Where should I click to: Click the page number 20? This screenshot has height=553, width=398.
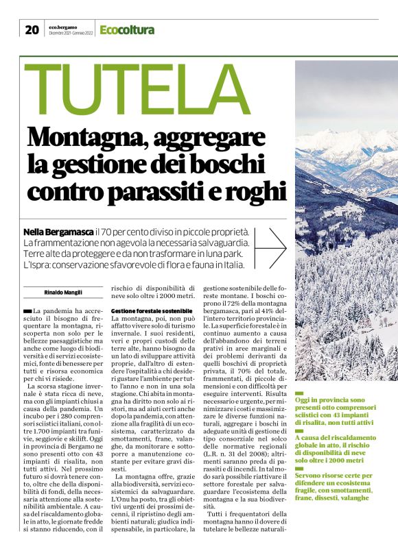[x=32, y=29]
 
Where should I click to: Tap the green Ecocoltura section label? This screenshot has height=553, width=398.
[x=127, y=29]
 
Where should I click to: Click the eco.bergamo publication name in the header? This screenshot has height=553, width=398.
[x=63, y=26]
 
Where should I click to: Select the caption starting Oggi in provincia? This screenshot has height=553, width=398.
[x=338, y=408]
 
